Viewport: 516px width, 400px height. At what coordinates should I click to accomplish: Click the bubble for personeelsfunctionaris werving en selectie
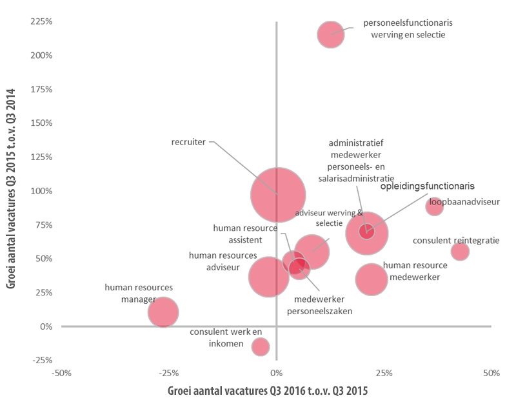click(331, 34)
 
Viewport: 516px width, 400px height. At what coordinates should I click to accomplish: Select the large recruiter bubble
click(278, 194)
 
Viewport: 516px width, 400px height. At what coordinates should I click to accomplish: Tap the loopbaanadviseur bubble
click(434, 206)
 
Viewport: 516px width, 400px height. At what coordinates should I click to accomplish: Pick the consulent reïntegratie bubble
click(460, 252)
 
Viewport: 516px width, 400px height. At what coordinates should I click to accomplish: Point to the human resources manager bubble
click(163, 312)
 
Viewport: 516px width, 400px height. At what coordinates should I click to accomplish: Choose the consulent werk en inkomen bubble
click(260, 346)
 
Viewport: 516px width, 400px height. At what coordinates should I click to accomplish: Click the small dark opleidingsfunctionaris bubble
click(367, 231)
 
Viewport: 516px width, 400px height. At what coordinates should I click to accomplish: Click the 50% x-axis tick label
click(491, 373)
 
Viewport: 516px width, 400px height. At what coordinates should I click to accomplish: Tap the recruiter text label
click(188, 142)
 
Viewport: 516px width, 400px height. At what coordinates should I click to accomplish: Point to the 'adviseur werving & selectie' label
click(330, 217)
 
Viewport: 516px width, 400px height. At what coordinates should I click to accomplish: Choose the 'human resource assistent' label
click(238, 234)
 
